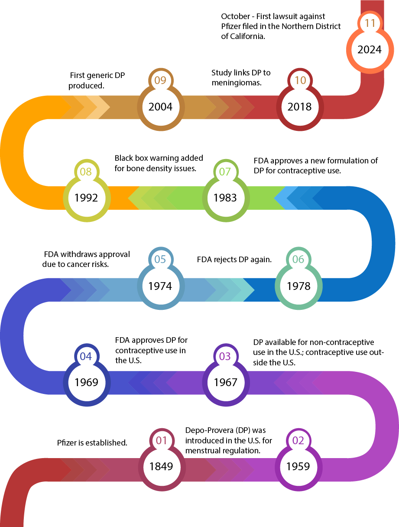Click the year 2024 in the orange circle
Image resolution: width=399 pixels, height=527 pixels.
click(x=370, y=49)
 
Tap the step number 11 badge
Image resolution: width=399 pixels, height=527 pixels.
click(x=370, y=23)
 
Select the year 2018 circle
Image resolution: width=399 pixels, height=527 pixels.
click(x=300, y=107)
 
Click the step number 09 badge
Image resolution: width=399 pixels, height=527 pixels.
click(x=160, y=80)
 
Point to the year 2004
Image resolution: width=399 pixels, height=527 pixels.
click(x=160, y=107)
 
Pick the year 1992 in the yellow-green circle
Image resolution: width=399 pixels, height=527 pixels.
click(x=86, y=198)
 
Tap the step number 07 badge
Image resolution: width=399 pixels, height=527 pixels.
click(x=225, y=172)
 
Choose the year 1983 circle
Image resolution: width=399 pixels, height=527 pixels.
click(x=225, y=198)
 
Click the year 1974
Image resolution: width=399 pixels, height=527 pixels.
click(x=160, y=286)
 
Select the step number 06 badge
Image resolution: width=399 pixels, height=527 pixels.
click(x=298, y=260)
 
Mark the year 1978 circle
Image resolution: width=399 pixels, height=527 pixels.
click(x=298, y=286)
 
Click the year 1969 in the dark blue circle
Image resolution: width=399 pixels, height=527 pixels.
click(x=86, y=382)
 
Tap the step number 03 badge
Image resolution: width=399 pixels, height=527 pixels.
click(x=225, y=356)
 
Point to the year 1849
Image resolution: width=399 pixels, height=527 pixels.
click(x=161, y=466)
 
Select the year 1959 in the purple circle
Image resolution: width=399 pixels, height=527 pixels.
click(x=298, y=466)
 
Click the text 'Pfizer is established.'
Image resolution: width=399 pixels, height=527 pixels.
click(x=92, y=443)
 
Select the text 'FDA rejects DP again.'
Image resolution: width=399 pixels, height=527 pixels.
click(x=234, y=260)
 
